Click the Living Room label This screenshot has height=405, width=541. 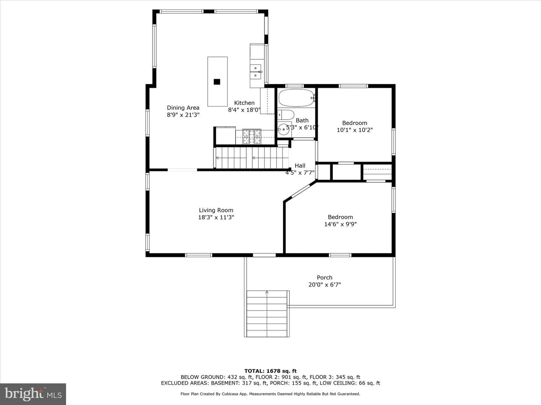click(216, 210)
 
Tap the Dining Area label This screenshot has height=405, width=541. click(183, 108)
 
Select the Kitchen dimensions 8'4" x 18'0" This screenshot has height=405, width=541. click(244, 110)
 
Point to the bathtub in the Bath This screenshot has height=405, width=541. click(296, 98)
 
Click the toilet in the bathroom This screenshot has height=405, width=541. click(286, 115)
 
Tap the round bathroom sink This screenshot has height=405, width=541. click(283, 129)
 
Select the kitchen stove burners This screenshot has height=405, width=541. click(252, 137)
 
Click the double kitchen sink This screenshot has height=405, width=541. click(255, 72)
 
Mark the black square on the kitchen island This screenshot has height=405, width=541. click(217, 82)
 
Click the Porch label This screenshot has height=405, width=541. click(325, 277)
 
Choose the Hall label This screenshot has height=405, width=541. click(300, 166)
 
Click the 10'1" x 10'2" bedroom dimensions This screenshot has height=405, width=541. click(355, 130)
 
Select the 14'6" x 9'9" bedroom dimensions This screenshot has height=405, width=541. click(340, 224)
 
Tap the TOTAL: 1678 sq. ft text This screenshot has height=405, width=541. click(270, 371)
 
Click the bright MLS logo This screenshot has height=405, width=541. click(33, 394)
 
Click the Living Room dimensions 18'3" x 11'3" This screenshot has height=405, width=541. click(216, 217)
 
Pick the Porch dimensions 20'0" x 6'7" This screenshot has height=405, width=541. click(325, 285)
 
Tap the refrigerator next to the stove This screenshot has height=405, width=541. click(225, 135)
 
